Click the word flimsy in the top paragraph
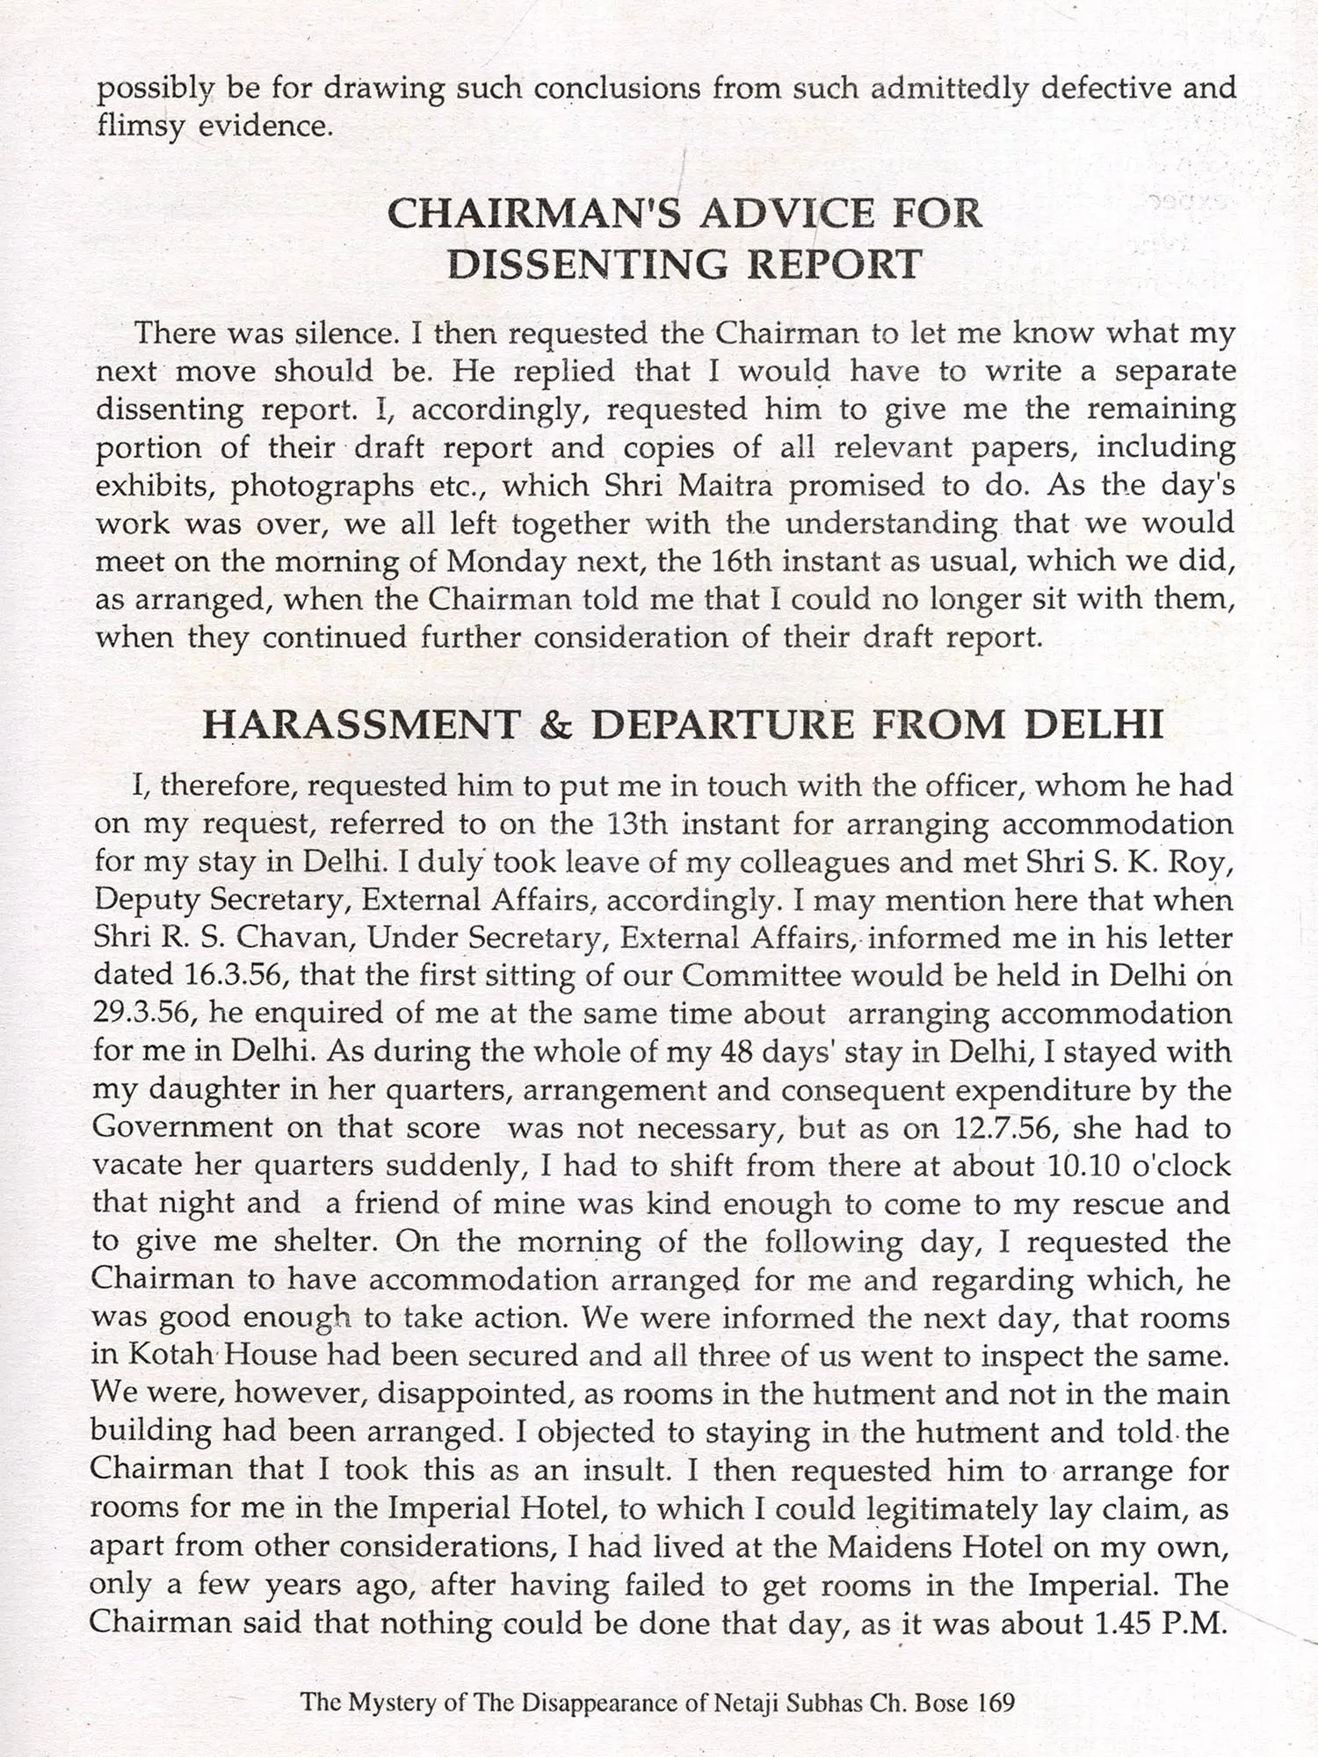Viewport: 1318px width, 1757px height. [140, 127]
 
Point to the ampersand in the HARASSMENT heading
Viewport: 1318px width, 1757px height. [554, 726]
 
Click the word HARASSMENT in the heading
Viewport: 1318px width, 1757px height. [360, 726]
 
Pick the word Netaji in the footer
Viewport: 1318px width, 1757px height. [746, 1703]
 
